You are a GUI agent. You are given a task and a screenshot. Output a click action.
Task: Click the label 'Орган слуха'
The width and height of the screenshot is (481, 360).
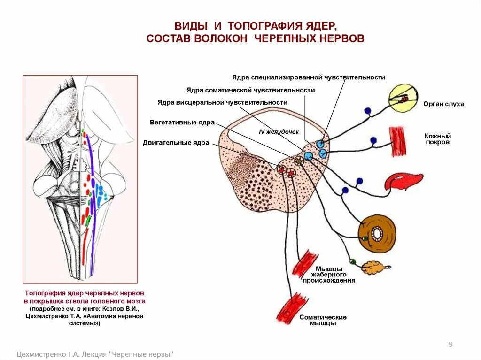tap(443, 104)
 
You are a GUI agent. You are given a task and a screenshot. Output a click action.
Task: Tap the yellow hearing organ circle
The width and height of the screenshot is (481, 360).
tap(403, 98)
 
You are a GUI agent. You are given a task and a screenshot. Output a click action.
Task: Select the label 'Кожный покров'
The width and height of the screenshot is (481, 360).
tap(437, 139)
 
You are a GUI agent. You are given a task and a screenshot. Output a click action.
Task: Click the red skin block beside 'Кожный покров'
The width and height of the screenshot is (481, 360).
tap(398, 142)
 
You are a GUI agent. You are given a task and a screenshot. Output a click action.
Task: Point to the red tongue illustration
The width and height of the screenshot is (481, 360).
tap(403, 182)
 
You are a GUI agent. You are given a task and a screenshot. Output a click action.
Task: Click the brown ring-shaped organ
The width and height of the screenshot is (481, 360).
tap(377, 233)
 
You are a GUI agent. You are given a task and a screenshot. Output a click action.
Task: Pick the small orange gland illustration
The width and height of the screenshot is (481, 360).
tap(374, 268)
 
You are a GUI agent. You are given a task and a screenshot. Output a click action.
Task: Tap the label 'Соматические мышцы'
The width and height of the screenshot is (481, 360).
tap(323, 320)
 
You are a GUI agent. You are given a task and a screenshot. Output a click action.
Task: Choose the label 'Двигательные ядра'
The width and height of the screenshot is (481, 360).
tap(176, 143)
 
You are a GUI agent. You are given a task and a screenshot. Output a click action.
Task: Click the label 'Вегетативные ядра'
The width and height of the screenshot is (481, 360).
tap(182, 123)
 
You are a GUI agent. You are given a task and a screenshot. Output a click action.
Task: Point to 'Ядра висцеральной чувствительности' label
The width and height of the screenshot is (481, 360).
tap(222, 102)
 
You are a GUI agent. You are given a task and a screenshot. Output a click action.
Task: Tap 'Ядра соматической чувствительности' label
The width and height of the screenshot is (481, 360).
tap(250, 90)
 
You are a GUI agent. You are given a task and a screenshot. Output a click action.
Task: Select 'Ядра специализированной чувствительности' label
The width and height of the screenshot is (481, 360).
tap(309, 77)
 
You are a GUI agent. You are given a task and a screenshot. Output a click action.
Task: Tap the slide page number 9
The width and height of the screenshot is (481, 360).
tap(450, 345)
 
